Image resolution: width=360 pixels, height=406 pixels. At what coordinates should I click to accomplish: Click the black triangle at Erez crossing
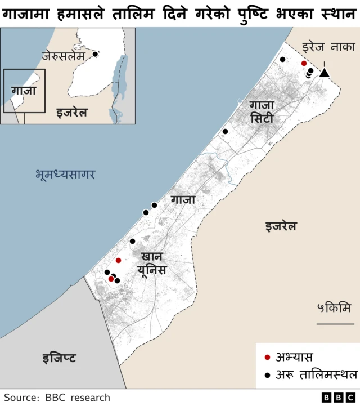(325, 72)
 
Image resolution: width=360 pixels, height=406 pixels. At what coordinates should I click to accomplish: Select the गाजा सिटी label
(262, 111)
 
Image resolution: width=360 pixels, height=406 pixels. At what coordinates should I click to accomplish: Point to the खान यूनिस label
(152, 263)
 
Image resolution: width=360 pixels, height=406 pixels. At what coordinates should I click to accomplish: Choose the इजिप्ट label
(59, 358)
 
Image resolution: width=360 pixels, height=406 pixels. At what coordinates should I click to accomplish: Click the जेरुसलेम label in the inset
(63, 57)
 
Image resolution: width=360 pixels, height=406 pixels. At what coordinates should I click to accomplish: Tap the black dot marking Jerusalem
(96, 54)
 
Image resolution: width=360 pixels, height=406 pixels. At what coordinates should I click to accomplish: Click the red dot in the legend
(267, 357)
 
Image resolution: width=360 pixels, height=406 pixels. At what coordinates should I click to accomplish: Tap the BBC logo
(336, 398)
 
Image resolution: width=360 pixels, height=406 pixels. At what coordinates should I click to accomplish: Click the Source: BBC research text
(57, 398)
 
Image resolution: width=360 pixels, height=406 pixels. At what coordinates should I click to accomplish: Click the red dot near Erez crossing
(304, 64)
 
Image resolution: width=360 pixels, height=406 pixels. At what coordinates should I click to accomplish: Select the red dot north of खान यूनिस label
(118, 260)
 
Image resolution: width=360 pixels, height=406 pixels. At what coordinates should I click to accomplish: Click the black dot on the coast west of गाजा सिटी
(225, 131)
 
